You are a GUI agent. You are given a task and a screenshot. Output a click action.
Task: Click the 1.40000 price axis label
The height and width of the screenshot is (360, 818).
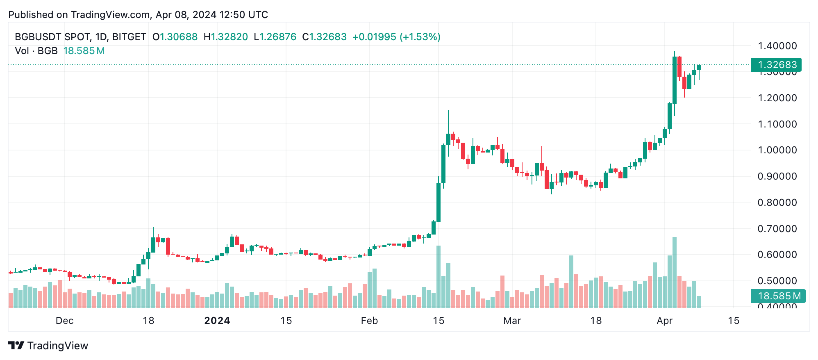click(x=777, y=46)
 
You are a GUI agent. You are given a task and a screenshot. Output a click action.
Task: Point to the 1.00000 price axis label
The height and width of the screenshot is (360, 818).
click(x=777, y=150)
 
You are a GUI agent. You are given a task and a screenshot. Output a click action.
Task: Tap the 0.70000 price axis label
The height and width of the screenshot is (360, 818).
click(x=777, y=229)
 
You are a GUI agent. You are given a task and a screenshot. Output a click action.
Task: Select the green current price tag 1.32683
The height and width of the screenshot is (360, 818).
click(x=776, y=65)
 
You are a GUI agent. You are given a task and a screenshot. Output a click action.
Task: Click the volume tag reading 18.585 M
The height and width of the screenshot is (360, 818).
click(x=777, y=296)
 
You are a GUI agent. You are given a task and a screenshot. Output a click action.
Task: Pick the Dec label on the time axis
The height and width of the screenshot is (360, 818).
click(x=64, y=321)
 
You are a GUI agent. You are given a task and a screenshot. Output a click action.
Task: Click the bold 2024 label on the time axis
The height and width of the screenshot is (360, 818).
click(x=217, y=321)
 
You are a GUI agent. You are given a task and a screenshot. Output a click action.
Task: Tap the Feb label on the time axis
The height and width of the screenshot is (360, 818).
click(x=369, y=321)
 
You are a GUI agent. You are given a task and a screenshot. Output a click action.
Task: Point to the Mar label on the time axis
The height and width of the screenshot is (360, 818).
click(x=512, y=321)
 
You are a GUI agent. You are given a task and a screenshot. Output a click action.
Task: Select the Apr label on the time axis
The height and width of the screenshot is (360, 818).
click(x=664, y=321)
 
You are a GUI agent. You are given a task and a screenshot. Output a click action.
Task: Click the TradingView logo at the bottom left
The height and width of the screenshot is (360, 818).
click(x=48, y=346)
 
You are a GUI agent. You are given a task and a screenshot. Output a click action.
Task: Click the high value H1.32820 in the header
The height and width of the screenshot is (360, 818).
click(x=226, y=37)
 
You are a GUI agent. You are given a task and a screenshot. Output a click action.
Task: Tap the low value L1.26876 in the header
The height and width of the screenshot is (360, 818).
click(x=275, y=37)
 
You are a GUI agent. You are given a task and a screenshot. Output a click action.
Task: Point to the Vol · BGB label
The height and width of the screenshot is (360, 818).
click(x=36, y=51)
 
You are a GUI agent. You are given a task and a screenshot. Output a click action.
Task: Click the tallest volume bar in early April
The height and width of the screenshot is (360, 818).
click(x=674, y=272)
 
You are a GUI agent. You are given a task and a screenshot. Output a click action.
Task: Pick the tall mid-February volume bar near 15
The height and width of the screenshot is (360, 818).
click(x=439, y=276)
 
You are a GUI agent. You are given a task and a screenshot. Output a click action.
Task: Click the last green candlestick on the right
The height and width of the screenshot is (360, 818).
click(x=699, y=67)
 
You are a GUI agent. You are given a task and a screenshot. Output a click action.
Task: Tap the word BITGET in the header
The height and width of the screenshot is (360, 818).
click(x=129, y=37)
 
